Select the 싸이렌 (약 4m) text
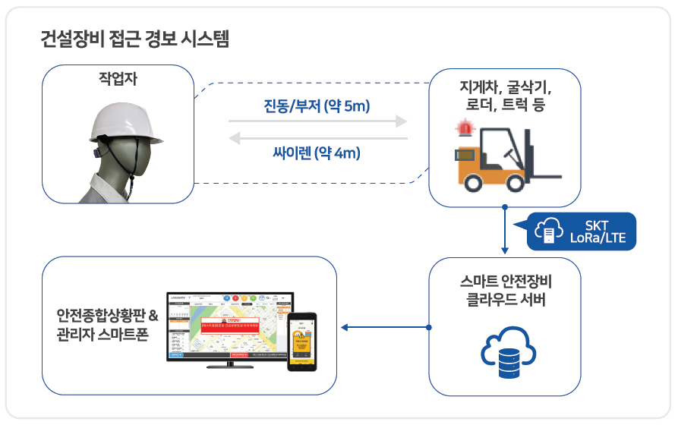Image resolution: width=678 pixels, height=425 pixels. tap(317, 153)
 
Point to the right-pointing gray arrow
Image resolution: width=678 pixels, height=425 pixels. tap(317, 121)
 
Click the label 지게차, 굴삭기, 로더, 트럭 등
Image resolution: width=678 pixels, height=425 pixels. tap(505, 96)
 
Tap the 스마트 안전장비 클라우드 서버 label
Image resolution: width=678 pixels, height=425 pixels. tap(505, 291)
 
